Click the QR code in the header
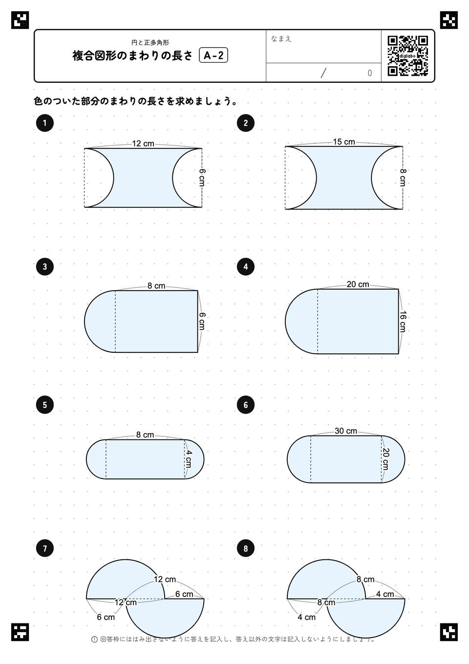click(408, 56)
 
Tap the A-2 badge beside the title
click(213, 55)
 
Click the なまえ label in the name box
click(281, 39)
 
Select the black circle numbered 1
click(44, 123)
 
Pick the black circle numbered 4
click(246, 267)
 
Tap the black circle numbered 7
click(44, 549)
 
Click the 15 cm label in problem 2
click(344, 142)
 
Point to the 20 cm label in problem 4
click(358, 285)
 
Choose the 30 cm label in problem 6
click(346, 431)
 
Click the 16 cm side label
click(403, 321)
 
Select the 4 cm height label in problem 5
click(189, 459)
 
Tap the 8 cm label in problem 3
click(156, 286)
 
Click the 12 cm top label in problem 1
click(143, 144)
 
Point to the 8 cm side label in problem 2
click(403, 178)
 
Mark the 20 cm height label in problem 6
click(385, 459)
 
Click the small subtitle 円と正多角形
click(150, 43)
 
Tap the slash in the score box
click(323, 73)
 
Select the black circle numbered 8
click(246, 549)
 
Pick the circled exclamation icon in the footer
click(94, 639)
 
